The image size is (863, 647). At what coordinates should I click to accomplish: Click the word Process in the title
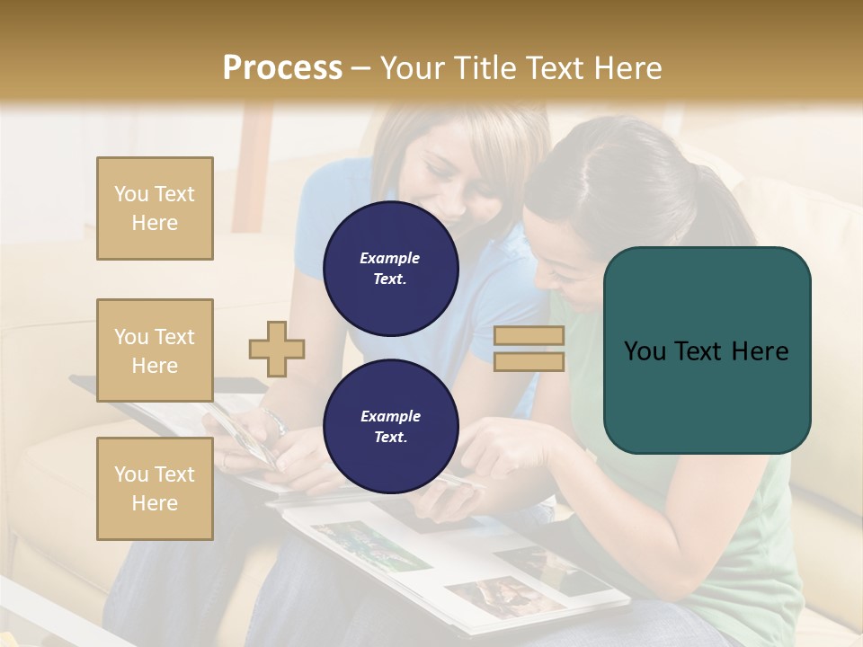click(282, 67)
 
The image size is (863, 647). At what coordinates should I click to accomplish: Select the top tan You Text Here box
click(155, 208)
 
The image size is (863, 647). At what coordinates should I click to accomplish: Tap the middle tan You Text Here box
click(155, 350)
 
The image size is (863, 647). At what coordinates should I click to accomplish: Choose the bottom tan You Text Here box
click(155, 489)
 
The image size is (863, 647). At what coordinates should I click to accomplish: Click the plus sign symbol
click(277, 349)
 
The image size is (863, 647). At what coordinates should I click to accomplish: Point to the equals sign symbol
click(529, 349)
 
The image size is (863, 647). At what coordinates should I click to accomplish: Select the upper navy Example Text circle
click(390, 269)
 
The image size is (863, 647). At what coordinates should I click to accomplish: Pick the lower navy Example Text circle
click(390, 427)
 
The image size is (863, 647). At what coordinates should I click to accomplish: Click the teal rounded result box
click(707, 350)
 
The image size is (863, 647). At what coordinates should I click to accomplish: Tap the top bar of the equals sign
click(529, 335)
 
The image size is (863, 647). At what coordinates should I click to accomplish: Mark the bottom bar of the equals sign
click(529, 362)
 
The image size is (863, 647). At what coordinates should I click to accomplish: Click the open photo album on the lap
click(449, 557)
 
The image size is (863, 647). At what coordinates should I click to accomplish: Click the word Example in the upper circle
click(390, 258)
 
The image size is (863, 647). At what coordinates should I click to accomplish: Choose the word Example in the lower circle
click(390, 416)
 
